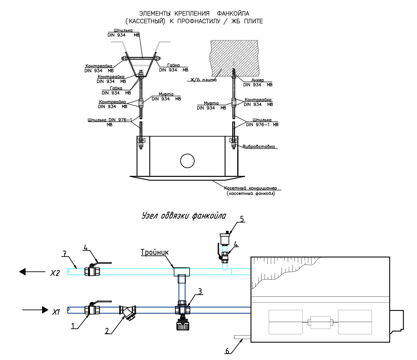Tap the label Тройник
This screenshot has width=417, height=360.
click(154, 252)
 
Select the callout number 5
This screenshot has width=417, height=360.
click(242, 219)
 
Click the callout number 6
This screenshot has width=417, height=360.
click(227, 351)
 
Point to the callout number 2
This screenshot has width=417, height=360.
click(107, 331)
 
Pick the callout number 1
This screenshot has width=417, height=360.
click(73, 326)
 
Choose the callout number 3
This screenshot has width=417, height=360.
click(200, 291)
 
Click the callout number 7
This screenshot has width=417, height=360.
click(64, 253)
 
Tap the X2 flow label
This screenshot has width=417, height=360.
click(55, 273)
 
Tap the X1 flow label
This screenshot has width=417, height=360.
click(56, 312)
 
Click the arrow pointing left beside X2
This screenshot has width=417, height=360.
click(32, 272)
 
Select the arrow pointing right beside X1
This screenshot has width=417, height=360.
click(35, 310)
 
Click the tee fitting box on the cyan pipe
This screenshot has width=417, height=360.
click(182, 272)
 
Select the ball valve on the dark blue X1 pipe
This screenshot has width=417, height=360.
click(92, 309)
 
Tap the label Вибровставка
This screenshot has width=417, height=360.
click(258, 147)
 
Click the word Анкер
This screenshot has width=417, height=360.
click(257, 80)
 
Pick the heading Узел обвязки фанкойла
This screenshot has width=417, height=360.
click(184, 216)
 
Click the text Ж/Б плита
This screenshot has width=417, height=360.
click(203, 80)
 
